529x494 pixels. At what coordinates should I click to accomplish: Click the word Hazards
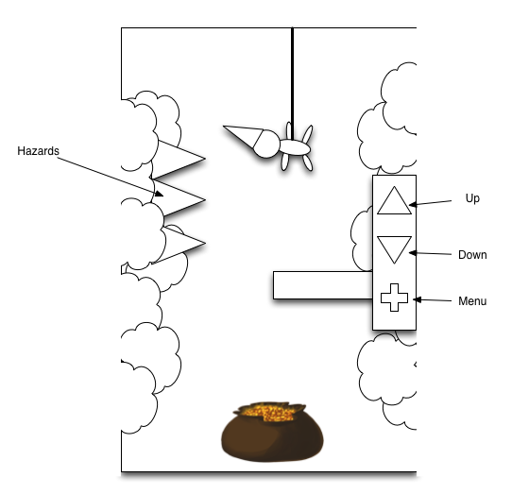point(38,151)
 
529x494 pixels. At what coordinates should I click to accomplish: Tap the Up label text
point(472,198)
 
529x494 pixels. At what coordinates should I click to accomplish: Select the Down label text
point(472,255)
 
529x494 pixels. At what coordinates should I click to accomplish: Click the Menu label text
point(472,301)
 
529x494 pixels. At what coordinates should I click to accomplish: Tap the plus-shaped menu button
point(394,298)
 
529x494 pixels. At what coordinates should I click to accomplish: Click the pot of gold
point(272,432)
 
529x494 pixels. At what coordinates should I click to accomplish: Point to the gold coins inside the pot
point(268,413)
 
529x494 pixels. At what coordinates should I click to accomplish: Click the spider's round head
point(266,145)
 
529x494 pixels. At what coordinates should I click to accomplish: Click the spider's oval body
point(295,147)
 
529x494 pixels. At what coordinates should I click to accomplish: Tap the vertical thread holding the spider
point(292,83)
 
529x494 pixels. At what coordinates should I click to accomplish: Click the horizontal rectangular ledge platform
point(323,285)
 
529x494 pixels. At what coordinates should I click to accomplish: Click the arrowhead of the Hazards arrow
point(159,194)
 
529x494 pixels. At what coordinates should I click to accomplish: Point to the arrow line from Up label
point(430,203)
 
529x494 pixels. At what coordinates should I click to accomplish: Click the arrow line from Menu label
point(433,300)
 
